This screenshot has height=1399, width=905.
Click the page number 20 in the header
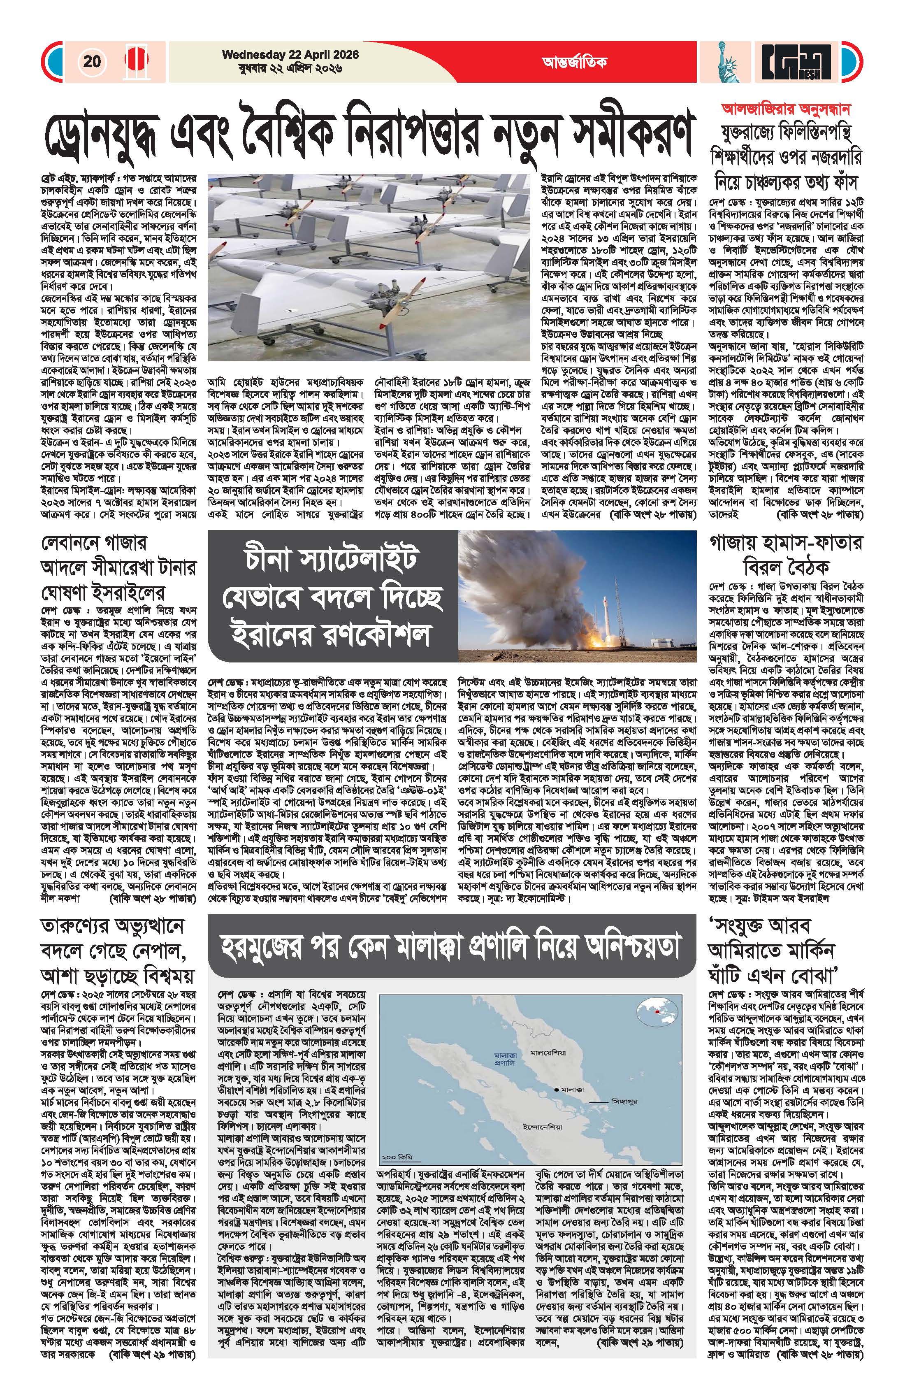[92, 61]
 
